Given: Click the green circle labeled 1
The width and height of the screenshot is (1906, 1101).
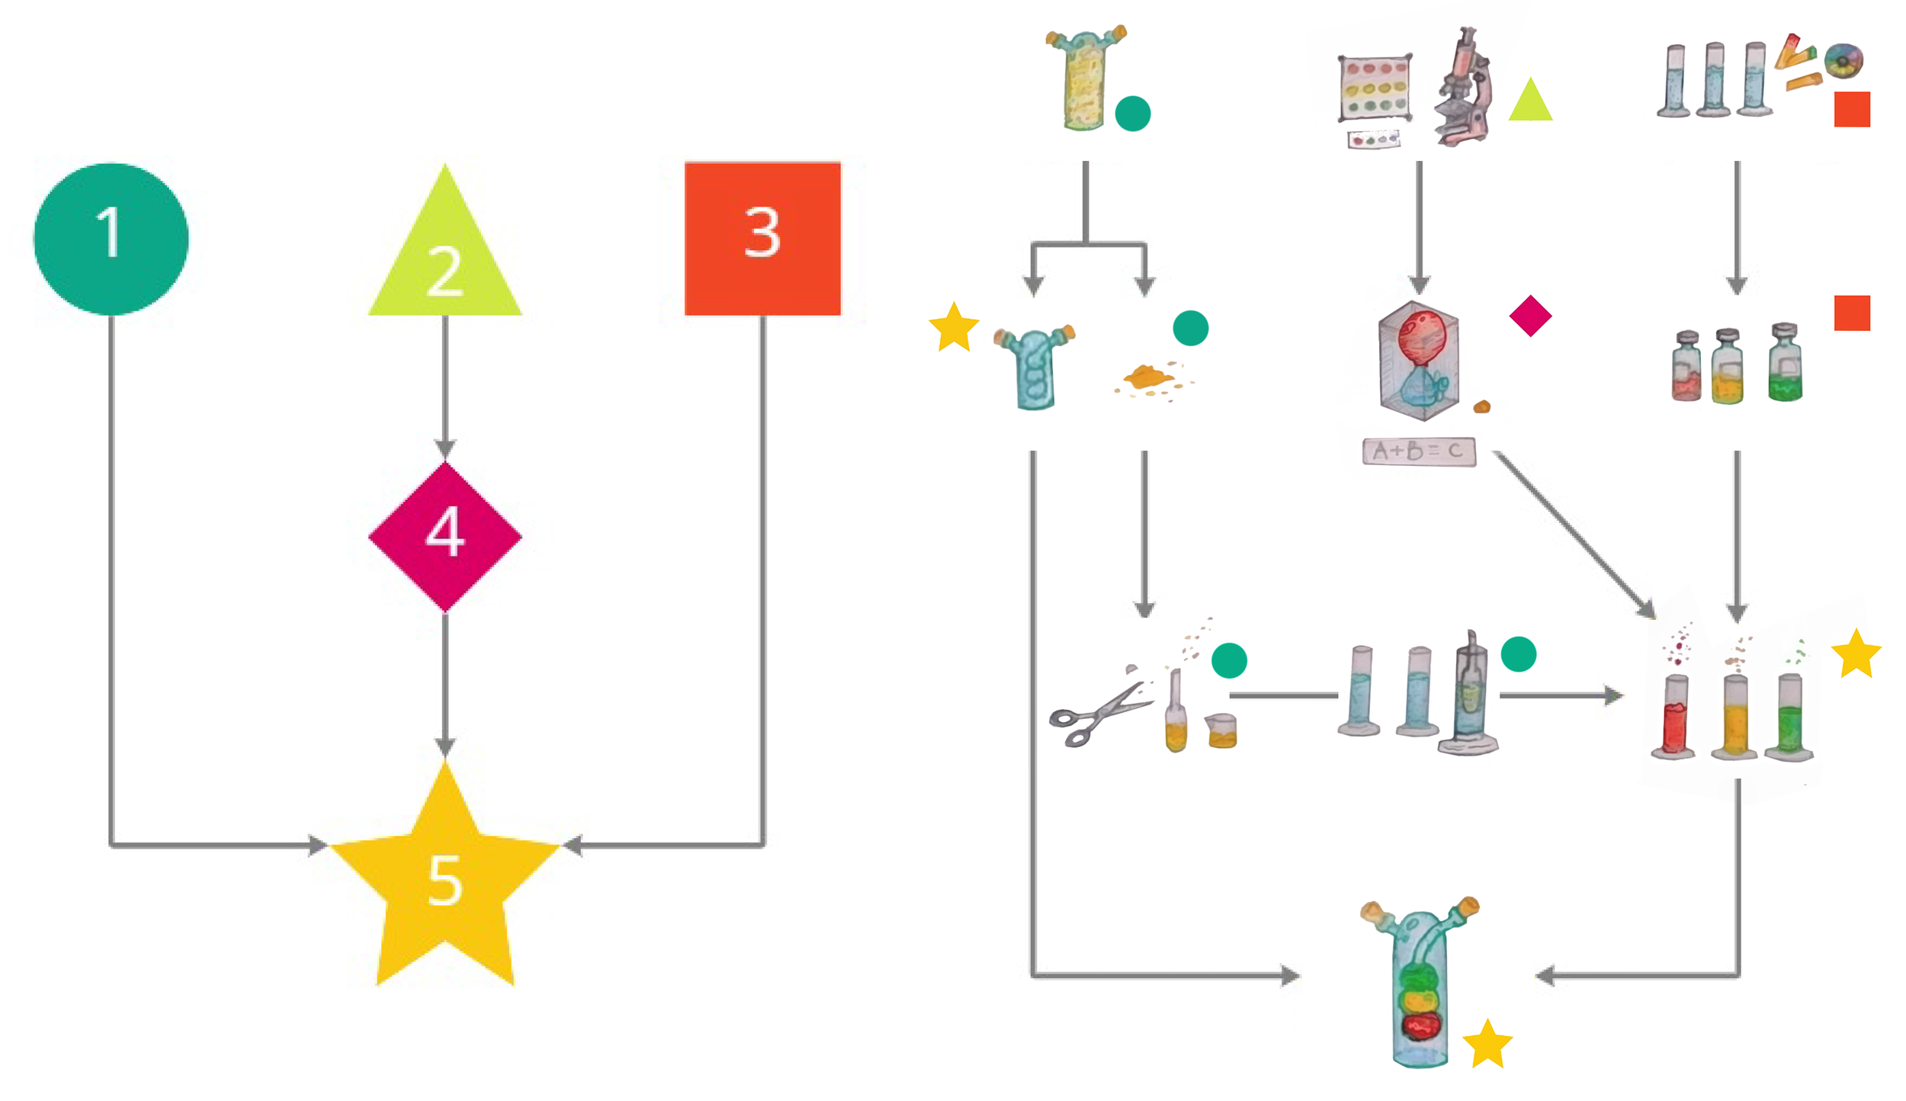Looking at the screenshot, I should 111,238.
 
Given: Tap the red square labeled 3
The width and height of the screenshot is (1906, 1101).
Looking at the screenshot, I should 762,238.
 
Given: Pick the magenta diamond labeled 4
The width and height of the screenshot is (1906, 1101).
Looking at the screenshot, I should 444,536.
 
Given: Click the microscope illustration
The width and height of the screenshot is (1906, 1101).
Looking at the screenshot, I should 1462,88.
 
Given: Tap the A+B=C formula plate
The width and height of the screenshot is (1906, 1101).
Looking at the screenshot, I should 1418,451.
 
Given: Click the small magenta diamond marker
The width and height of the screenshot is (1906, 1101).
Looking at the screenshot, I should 1529,315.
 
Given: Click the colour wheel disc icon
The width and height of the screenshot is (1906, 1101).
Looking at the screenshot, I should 1843,60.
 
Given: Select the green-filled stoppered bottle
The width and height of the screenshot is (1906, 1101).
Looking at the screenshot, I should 1785,364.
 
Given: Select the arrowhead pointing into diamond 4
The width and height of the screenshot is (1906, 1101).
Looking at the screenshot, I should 444,448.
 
